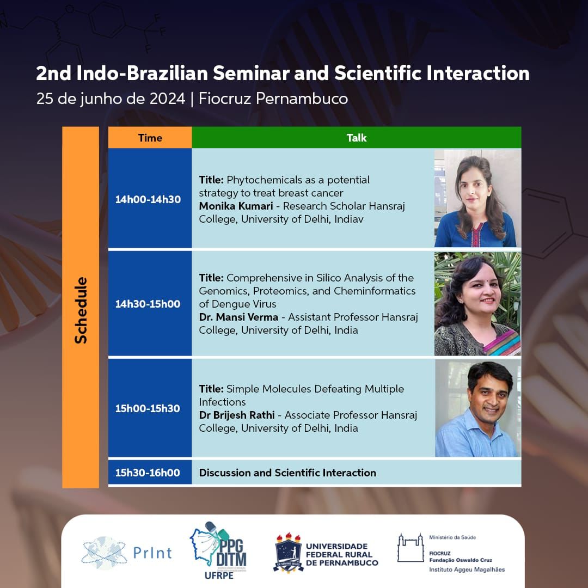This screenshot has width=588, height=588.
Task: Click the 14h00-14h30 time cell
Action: click(x=150, y=198)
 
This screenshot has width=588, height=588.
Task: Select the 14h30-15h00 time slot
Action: click(x=150, y=303)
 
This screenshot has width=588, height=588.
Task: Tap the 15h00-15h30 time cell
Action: click(x=150, y=408)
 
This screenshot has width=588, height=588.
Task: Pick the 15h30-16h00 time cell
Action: click(x=150, y=472)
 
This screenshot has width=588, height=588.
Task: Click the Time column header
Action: click(x=150, y=138)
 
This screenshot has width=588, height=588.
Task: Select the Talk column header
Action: click(x=356, y=138)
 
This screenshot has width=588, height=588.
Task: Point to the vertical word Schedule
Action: click(x=81, y=310)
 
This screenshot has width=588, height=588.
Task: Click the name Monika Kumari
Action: click(x=236, y=206)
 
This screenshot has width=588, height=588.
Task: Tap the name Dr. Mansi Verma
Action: click(x=238, y=317)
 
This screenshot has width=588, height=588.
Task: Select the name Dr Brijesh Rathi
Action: click(x=237, y=415)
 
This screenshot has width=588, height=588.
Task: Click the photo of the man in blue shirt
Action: click(x=478, y=408)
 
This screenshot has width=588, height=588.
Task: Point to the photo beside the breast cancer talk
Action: click(x=478, y=198)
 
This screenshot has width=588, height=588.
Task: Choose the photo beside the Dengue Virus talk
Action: click(x=478, y=303)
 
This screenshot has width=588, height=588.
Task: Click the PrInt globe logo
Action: click(x=104, y=553)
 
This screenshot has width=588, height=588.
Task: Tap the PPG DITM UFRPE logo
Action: click(x=219, y=550)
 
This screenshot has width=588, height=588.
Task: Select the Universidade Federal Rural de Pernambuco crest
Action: click(x=288, y=553)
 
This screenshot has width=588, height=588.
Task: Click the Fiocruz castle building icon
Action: click(x=411, y=548)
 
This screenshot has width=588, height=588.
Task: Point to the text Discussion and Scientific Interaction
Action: click(x=287, y=473)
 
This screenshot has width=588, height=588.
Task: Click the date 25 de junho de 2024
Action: click(x=111, y=99)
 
